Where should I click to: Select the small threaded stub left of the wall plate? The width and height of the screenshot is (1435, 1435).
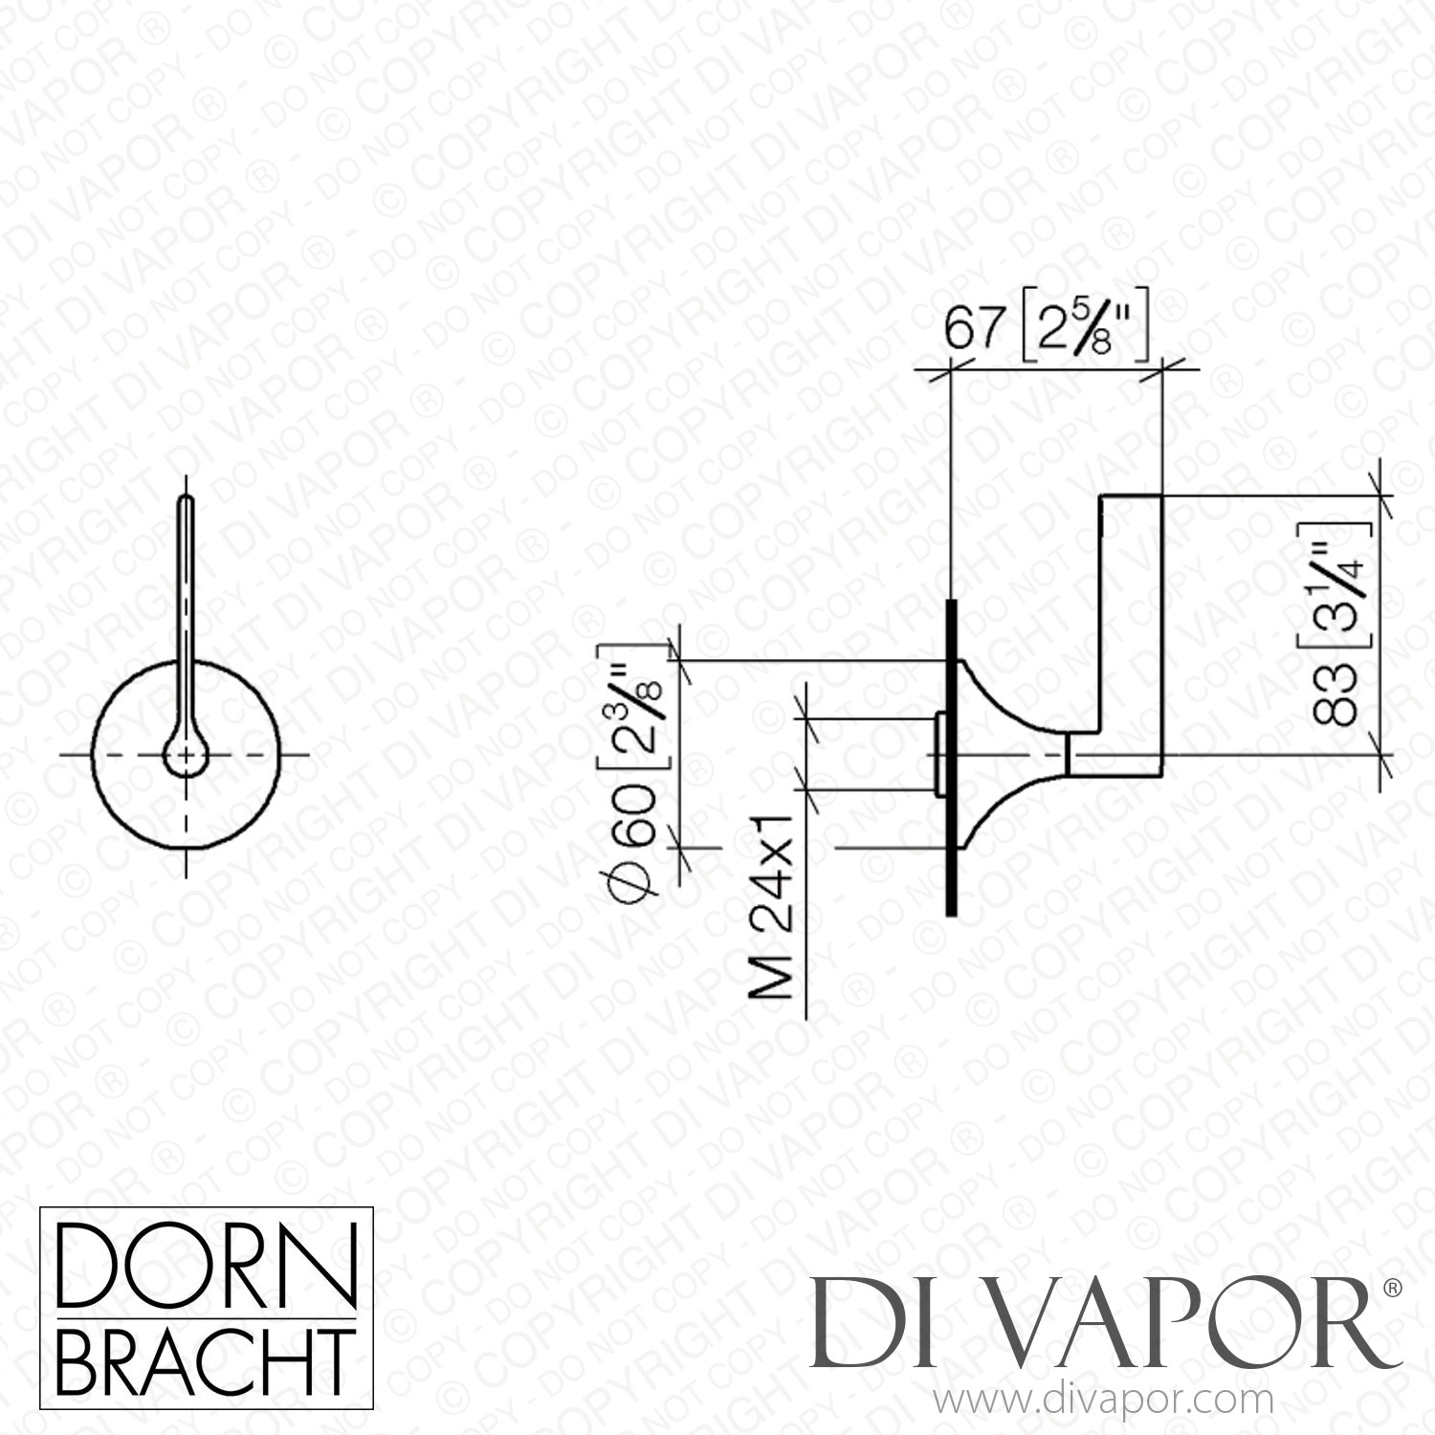click(939, 754)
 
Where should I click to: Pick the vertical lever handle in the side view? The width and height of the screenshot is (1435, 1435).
click(1131, 635)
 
